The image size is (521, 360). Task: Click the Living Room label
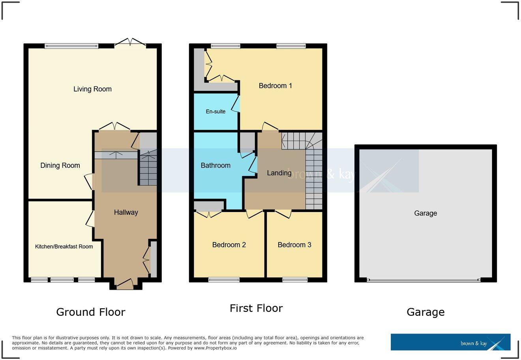point(92,89)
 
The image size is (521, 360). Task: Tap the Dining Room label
point(60,166)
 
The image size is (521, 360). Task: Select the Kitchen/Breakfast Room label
point(64,247)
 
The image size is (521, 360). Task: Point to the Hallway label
point(126,212)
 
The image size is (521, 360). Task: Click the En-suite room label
point(216,112)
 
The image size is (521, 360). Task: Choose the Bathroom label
point(216,165)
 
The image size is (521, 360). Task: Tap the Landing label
point(279,173)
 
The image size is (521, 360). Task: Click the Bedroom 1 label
point(275,86)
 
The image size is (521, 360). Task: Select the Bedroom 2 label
point(229,245)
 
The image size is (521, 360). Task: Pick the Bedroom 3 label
point(294,245)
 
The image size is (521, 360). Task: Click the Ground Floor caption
point(91,312)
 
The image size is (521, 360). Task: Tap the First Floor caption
point(256,308)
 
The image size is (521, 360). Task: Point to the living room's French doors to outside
point(130,43)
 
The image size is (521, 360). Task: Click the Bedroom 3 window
point(295,280)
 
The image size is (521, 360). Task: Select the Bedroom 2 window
point(224,280)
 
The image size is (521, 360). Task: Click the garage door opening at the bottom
point(424,280)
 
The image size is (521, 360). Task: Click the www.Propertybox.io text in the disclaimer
point(215,348)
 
